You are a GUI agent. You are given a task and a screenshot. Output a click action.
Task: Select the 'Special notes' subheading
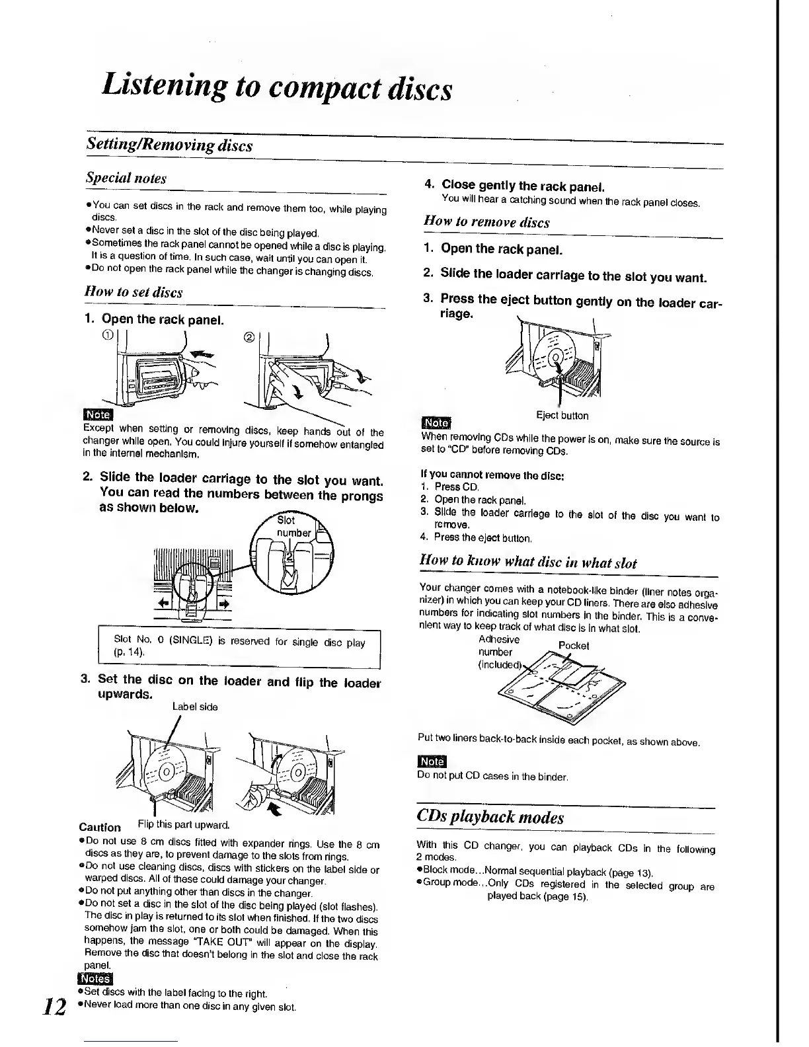126,178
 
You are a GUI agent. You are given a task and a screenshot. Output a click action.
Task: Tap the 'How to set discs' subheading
134,291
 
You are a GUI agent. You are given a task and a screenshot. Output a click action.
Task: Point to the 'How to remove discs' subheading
486,222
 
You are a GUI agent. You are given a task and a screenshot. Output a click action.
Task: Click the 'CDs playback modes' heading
490,817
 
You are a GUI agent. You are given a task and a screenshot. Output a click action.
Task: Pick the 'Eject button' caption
562,415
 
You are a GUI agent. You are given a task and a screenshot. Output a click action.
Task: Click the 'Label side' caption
195,707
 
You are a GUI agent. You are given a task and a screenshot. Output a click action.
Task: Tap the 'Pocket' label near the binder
573,645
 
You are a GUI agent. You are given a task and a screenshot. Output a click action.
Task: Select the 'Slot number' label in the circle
293,526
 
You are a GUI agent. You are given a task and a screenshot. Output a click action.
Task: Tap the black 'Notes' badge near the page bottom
95,980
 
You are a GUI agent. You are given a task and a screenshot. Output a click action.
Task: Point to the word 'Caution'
100,827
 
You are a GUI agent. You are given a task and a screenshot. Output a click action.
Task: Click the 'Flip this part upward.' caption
183,825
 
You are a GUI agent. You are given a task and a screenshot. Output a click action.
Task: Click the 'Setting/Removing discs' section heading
169,145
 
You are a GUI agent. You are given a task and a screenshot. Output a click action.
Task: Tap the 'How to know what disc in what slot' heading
528,563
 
